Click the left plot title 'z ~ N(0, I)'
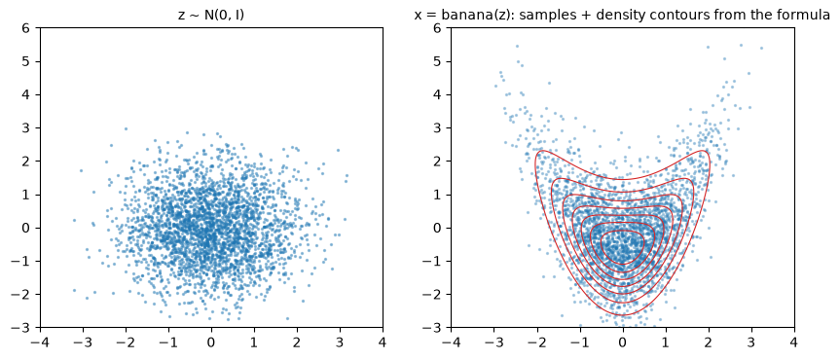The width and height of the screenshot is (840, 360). click(x=211, y=15)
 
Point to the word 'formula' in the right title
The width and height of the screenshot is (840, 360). click(x=807, y=15)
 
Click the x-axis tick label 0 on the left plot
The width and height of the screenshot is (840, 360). click(x=211, y=342)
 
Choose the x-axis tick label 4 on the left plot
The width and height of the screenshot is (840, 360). click(x=383, y=342)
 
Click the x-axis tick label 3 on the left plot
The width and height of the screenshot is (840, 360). click(x=340, y=342)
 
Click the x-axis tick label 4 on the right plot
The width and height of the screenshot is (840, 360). click(x=794, y=342)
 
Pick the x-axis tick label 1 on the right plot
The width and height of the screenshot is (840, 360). click(x=666, y=342)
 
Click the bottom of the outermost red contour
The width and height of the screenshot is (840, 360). click(x=623, y=315)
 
